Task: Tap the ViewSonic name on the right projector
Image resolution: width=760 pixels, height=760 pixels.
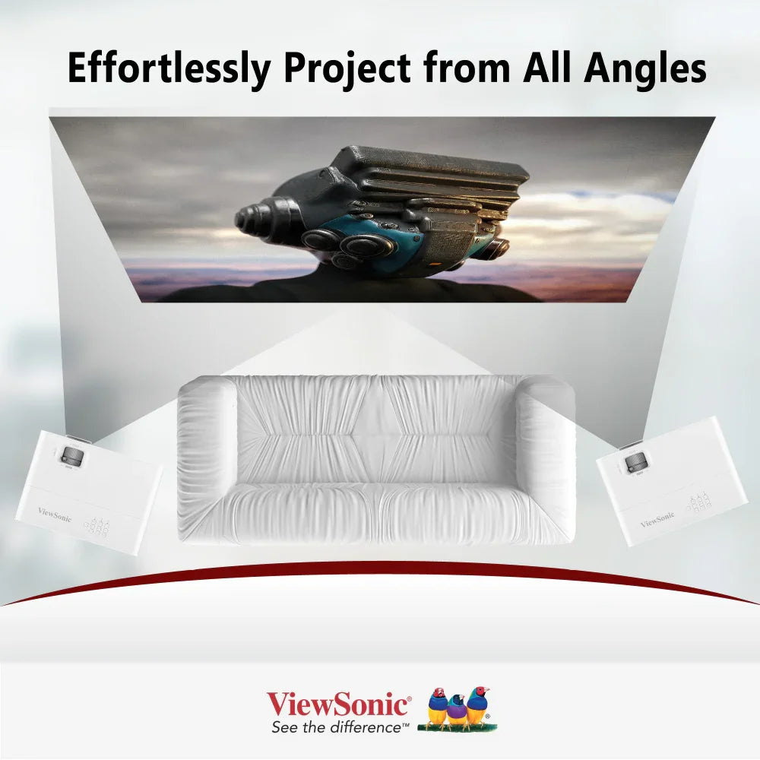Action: pos(657,519)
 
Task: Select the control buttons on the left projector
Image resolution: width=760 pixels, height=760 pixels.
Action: pos(100,526)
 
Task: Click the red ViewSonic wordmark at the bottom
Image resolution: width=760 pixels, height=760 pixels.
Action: pos(338,704)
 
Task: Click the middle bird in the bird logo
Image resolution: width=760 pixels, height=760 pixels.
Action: pos(457,711)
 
